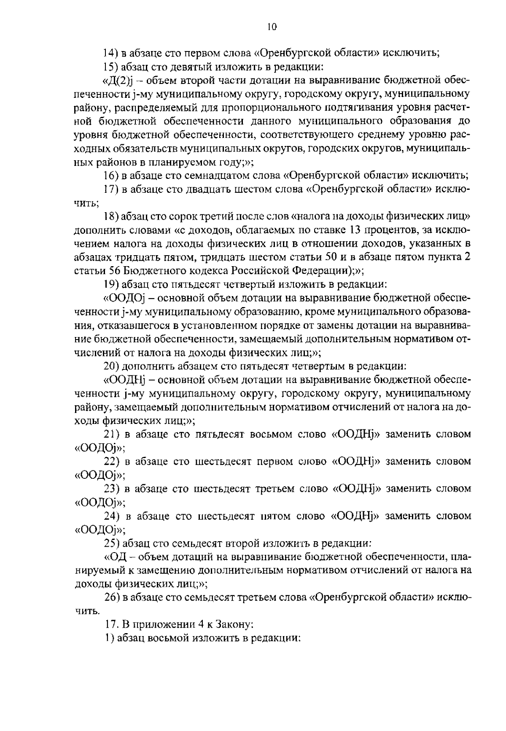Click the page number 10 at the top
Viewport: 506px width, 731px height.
pos(272,27)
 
